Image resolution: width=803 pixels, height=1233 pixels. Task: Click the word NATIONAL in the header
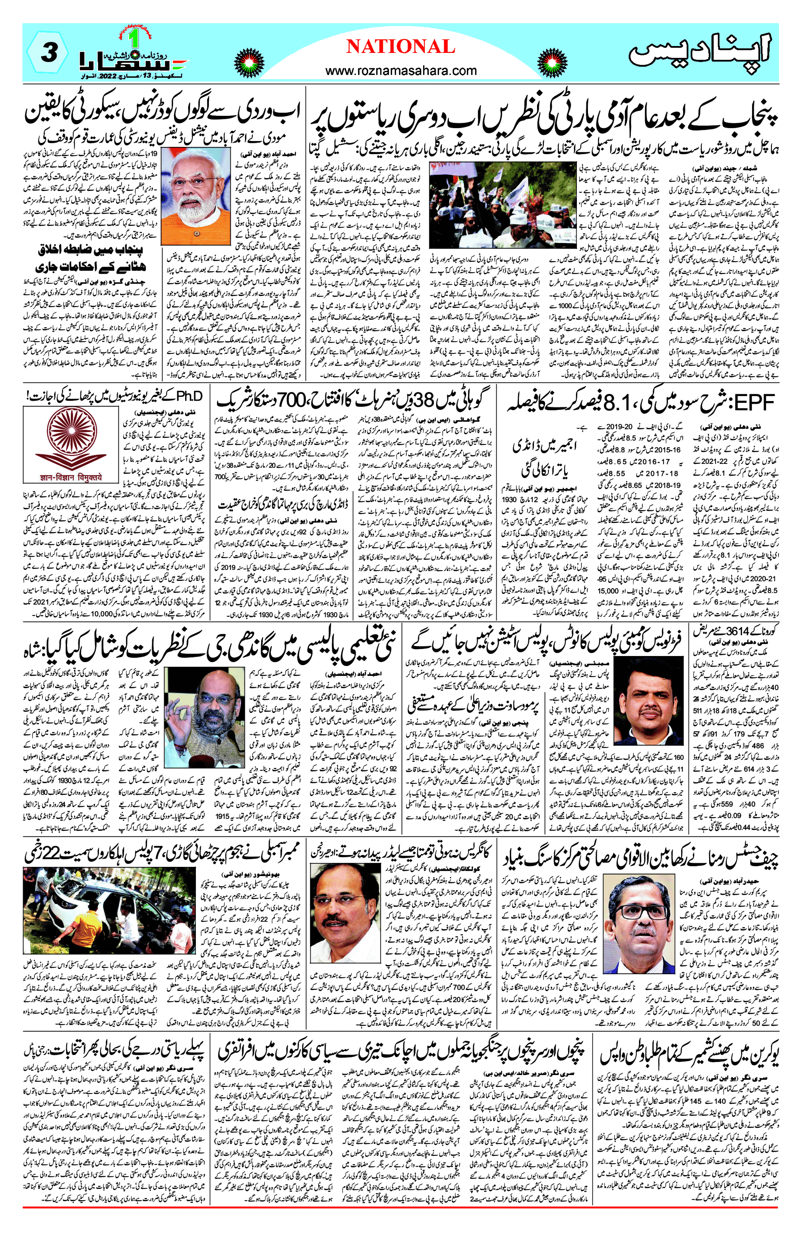401,47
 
